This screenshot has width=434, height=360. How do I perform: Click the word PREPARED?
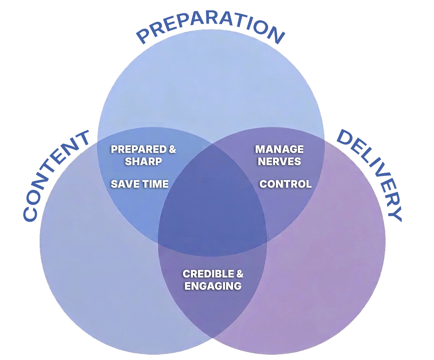pyautogui.click(x=138, y=149)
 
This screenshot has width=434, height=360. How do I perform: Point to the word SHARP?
pyautogui.click(x=143, y=161)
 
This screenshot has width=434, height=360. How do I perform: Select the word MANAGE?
pyautogui.click(x=279, y=149)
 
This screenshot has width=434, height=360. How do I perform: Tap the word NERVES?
pyautogui.click(x=279, y=161)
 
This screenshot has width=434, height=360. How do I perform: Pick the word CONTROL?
pyautogui.click(x=285, y=184)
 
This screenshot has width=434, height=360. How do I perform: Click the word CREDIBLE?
pyautogui.click(x=209, y=274)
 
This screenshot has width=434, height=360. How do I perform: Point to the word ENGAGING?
pyautogui.click(x=213, y=286)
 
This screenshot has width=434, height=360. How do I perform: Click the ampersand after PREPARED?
pyautogui.click(x=172, y=149)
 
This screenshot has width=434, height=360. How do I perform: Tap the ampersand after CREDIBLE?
pyautogui.click(x=240, y=274)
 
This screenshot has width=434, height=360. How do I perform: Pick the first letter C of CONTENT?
pyautogui.click(x=30, y=214)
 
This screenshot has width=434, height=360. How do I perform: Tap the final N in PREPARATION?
pyautogui.click(x=275, y=34)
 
